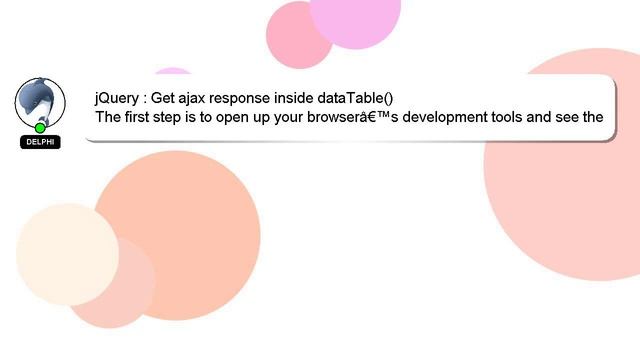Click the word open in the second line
tap(243, 117)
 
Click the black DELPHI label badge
tap(40, 142)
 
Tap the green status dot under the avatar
tap(40, 128)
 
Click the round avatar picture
tap(40, 101)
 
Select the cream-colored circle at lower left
tap(66, 253)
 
